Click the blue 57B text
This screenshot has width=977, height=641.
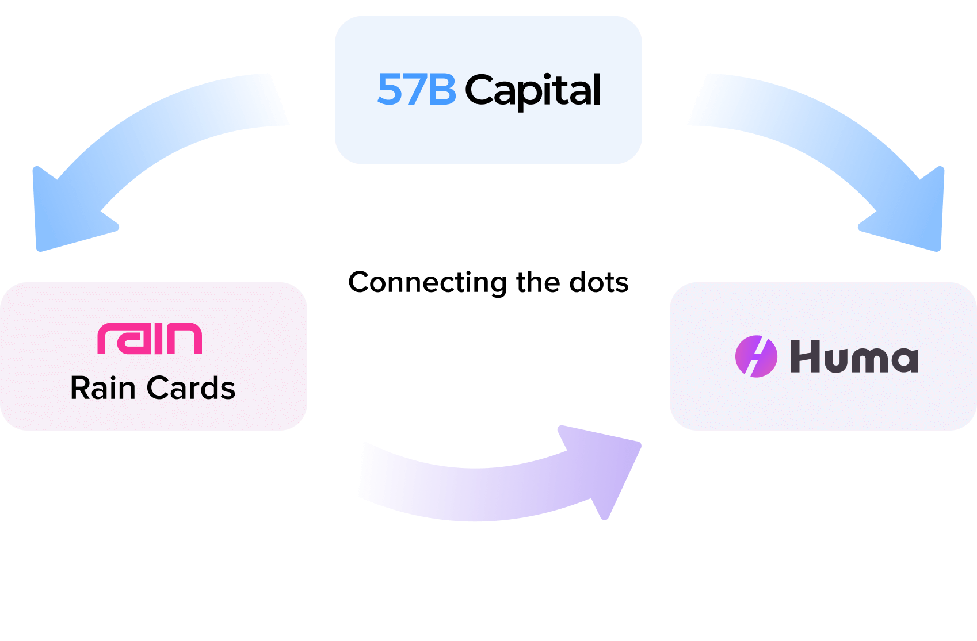click(416, 90)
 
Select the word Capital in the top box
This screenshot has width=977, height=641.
click(532, 90)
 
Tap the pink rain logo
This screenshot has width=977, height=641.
click(150, 338)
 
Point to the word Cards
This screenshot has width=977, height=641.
click(191, 388)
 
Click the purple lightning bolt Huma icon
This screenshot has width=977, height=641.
click(756, 356)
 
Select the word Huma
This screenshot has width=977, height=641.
click(854, 356)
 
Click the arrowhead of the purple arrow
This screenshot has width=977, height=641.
click(604, 466)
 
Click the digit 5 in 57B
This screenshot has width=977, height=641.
click(389, 90)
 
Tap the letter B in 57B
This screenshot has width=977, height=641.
click(442, 90)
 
